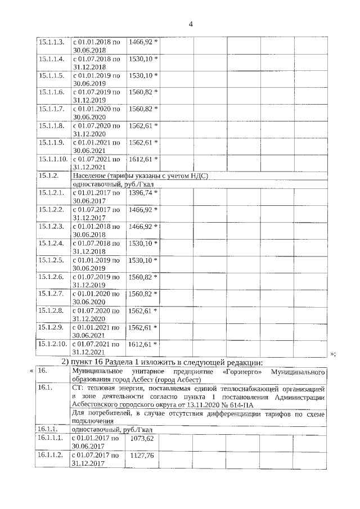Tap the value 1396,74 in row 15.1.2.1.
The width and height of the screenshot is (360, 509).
141,193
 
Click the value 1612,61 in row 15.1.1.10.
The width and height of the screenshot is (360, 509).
141,159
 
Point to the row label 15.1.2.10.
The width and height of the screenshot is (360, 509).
52,344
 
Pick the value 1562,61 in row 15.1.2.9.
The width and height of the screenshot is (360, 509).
141,327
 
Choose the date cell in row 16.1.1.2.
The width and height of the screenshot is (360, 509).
96,460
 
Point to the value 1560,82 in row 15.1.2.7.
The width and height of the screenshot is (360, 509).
141,294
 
